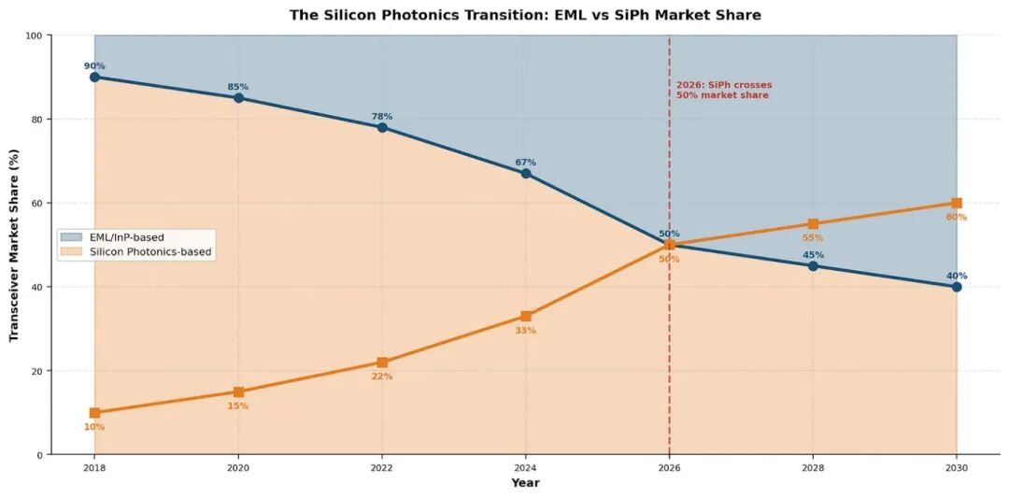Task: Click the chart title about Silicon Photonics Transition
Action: (x=524, y=15)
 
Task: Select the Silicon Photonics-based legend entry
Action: (x=149, y=252)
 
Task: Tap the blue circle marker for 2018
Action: (x=94, y=77)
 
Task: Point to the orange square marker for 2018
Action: (x=94, y=413)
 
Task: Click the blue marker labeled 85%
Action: (x=238, y=98)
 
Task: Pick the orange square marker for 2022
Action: (x=382, y=363)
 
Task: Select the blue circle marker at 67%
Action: (x=526, y=174)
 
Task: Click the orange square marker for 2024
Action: (x=526, y=317)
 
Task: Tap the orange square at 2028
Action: (x=813, y=224)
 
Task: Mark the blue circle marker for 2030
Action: (x=957, y=287)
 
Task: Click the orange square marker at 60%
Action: (x=957, y=203)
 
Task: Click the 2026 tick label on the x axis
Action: (x=669, y=467)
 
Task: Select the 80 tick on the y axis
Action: (x=39, y=120)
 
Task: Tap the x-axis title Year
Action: (x=525, y=483)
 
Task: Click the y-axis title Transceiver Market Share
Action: (x=15, y=245)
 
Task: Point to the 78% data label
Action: (x=382, y=117)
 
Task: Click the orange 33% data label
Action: (x=525, y=331)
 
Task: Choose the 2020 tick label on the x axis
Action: (x=238, y=467)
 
